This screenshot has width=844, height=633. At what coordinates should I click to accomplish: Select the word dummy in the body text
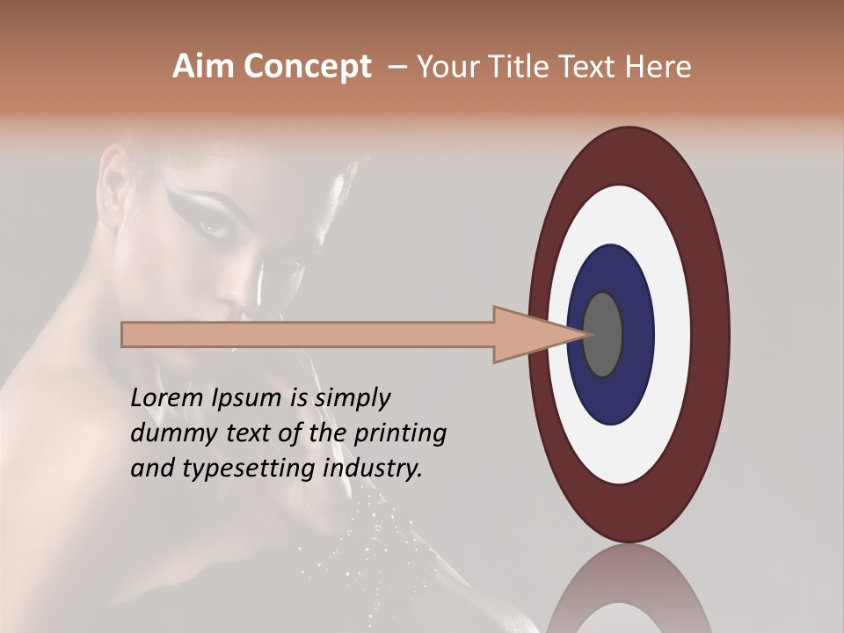coord(168,433)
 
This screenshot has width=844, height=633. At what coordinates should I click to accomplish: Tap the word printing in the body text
coord(400,433)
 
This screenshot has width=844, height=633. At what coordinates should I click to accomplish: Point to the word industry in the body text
coord(373,469)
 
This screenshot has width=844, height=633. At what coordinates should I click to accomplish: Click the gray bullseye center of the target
coord(603,334)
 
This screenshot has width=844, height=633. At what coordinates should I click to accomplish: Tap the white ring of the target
coord(673,334)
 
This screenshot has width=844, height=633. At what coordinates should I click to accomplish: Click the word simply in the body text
coord(352,398)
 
